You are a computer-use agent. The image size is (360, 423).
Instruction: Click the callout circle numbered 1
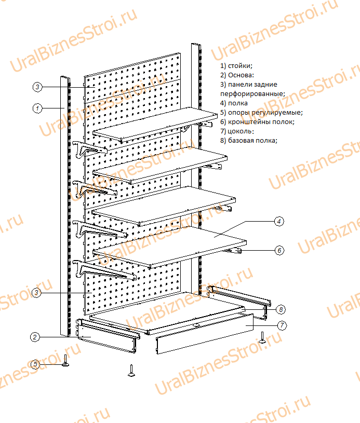(x=37, y=108)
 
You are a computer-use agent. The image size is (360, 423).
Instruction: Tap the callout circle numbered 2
(x=35, y=337)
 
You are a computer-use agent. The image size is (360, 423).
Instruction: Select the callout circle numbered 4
(x=279, y=222)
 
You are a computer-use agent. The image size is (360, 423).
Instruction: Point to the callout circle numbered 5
(x=35, y=364)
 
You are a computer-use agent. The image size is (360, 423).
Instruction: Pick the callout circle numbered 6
(x=279, y=250)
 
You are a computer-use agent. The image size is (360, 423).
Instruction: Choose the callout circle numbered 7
(x=282, y=325)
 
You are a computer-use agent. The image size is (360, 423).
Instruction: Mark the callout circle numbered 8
(x=281, y=309)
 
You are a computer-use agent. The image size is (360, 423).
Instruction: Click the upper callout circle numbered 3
(x=37, y=87)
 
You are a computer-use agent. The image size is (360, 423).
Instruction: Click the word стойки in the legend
(x=240, y=66)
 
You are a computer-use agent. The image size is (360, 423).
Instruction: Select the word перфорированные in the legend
(x=252, y=94)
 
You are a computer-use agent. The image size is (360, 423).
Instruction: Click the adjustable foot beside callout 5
(x=65, y=361)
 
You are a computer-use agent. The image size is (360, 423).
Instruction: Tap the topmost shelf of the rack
(x=155, y=124)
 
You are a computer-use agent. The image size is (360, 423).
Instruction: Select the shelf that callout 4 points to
(x=169, y=247)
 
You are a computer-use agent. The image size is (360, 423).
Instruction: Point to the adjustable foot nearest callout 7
(x=262, y=338)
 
